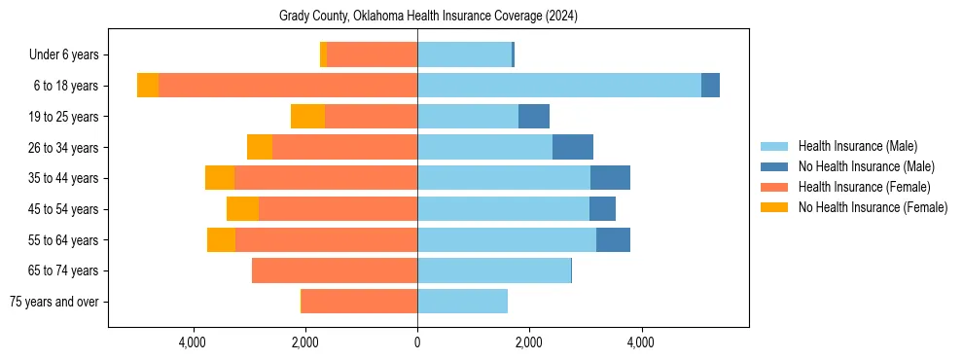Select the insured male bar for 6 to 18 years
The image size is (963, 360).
point(559,86)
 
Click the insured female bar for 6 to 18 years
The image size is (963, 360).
point(288,86)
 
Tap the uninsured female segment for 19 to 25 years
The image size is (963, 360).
point(307,117)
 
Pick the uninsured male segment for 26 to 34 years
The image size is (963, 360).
point(573,147)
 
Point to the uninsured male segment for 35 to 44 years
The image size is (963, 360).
point(610,178)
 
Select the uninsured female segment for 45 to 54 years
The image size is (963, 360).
point(242,209)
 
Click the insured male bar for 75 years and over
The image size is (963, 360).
point(462,302)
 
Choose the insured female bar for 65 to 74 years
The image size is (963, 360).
point(335,270)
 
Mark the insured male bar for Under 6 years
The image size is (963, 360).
point(464,54)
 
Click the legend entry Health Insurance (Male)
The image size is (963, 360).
point(857,146)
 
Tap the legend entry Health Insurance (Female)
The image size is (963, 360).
point(864,187)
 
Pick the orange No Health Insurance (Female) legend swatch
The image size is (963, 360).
point(774,207)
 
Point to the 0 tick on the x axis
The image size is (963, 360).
point(417,343)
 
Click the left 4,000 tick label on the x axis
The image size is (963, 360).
point(193,343)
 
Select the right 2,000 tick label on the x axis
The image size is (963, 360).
point(529,343)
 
